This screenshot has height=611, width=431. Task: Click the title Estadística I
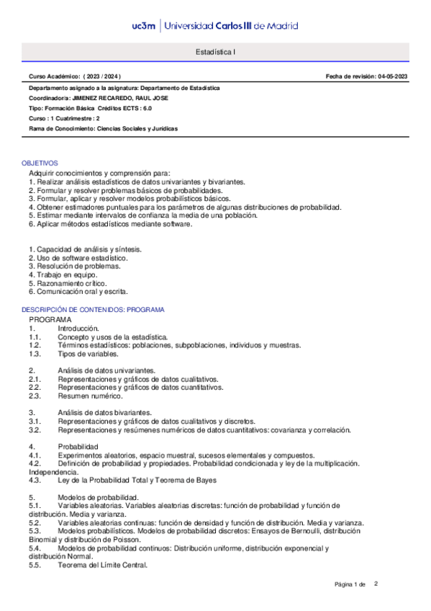click(x=215, y=53)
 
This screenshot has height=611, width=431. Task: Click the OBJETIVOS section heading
click(x=40, y=164)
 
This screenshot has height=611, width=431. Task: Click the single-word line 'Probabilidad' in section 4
click(x=77, y=447)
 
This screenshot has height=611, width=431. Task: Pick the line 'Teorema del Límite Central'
click(x=102, y=565)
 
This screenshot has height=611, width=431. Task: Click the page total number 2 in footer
click(x=376, y=584)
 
